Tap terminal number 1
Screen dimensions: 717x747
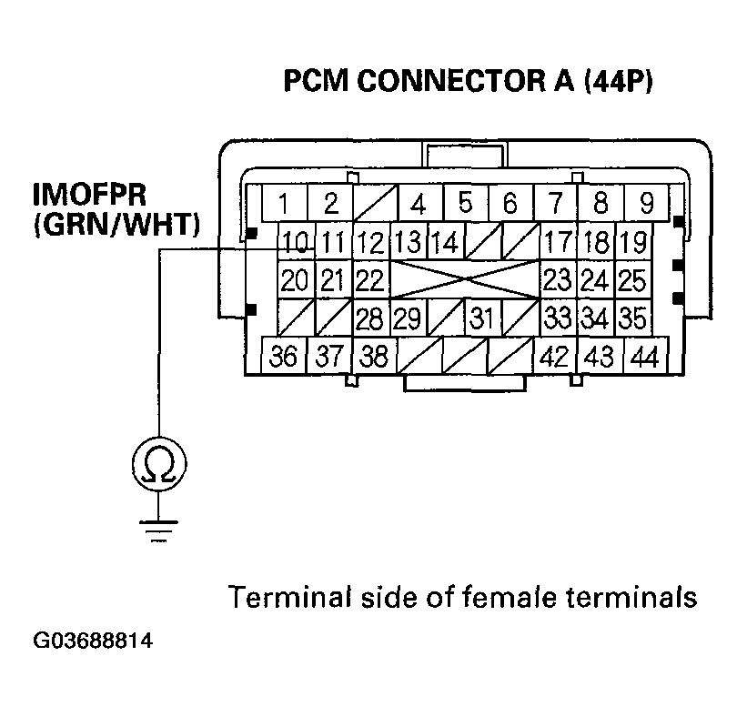click(285, 203)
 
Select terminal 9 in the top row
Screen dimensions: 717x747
click(646, 203)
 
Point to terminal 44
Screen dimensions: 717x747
click(644, 357)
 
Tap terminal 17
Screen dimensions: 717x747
click(558, 243)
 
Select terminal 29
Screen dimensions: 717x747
click(408, 318)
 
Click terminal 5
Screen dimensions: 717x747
click(465, 203)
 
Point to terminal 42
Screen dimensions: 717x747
click(554, 357)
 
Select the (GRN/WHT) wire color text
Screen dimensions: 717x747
click(116, 224)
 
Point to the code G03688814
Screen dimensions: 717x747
click(94, 641)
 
